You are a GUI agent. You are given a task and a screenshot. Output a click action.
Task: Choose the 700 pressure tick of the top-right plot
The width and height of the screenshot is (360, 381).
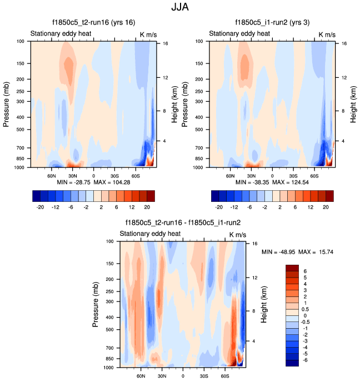point(201,148)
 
